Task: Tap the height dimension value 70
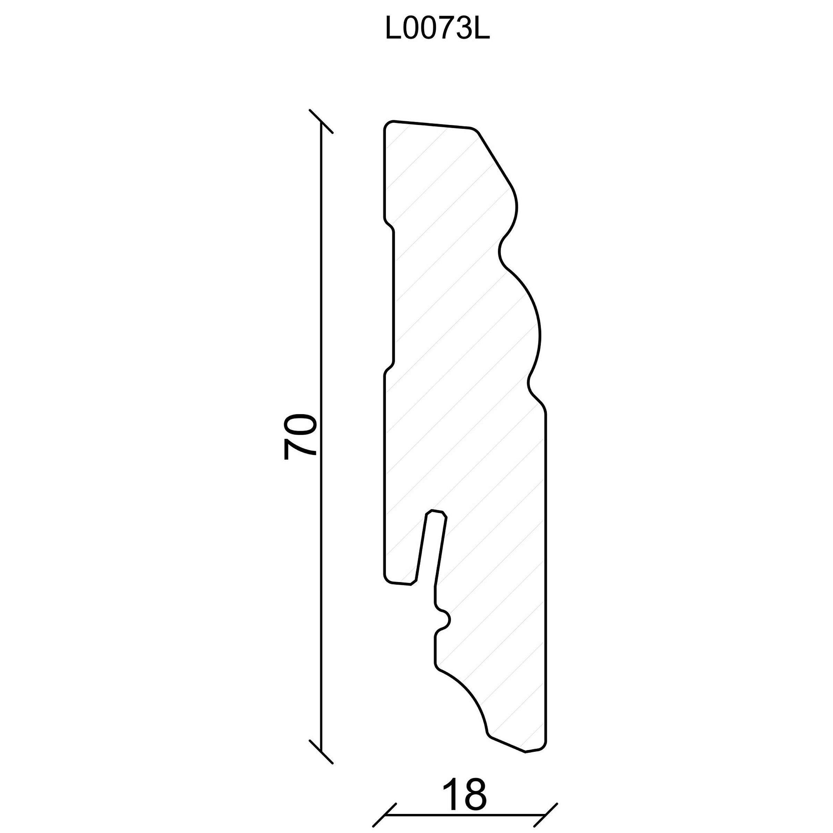(301, 437)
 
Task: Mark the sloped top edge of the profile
(431, 124)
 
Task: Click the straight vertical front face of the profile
(546, 578)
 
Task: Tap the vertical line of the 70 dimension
(321, 436)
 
